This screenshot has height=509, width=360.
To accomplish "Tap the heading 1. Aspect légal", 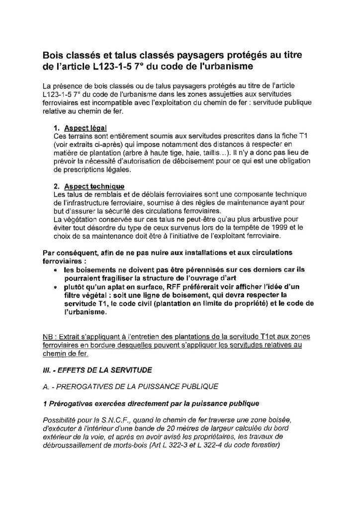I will (x=84, y=128).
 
